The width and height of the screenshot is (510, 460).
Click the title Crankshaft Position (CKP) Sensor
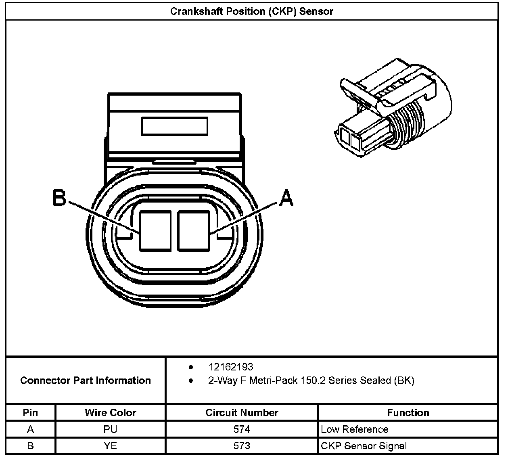[x=252, y=11]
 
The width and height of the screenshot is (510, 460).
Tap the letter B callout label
[x=59, y=198]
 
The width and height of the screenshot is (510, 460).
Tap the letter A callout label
[x=286, y=198]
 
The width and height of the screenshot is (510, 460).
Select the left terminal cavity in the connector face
[x=155, y=230]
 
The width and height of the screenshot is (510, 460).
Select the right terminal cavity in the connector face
[x=193, y=230]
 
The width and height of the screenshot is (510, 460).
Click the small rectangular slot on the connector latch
[x=174, y=126]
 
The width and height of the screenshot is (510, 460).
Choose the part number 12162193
[x=231, y=367]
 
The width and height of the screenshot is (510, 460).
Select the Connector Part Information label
[x=86, y=380]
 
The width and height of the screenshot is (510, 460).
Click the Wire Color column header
[x=110, y=412]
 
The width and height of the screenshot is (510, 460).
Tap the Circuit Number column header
[x=242, y=412]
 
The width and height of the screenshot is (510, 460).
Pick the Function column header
[x=408, y=412]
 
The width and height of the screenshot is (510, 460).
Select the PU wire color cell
[x=110, y=429]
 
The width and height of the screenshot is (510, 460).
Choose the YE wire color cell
[x=110, y=446]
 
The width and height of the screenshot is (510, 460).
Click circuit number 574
[x=242, y=429]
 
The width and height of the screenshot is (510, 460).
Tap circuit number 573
[x=242, y=446]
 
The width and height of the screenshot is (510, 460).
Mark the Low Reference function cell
[x=355, y=429]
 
